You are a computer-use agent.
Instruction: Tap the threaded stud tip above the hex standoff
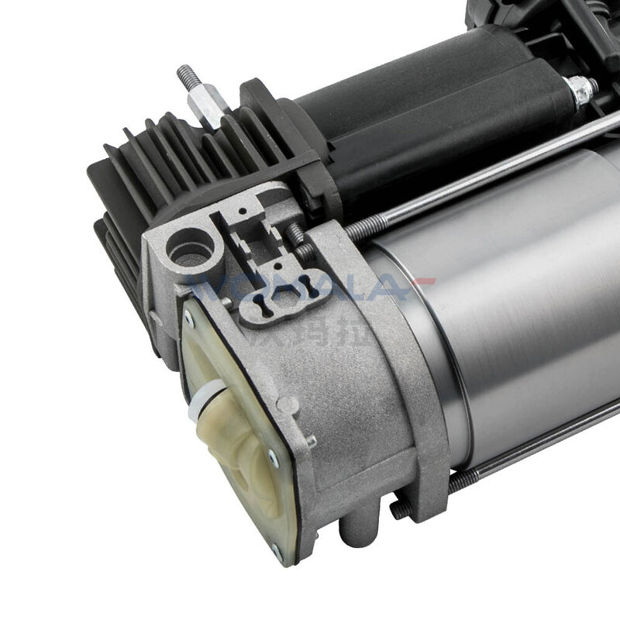point(184,74)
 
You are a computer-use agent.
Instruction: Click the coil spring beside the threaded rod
point(298,239)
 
